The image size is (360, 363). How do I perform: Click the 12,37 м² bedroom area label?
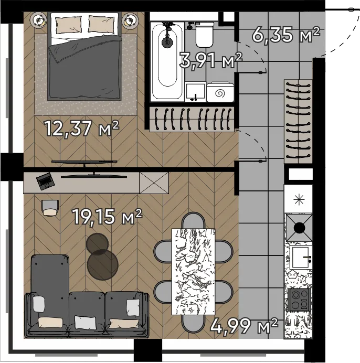[82, 129]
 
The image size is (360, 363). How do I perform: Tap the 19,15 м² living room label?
[107, 217]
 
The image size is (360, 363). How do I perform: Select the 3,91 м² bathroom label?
[211, 60]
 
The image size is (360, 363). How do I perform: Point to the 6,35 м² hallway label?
[286, 35]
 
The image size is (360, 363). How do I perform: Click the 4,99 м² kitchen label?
[244, 326]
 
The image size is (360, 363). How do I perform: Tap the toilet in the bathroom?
[204, 34]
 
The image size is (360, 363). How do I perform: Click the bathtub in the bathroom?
[167, 62]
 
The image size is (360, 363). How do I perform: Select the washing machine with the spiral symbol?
[220, 92]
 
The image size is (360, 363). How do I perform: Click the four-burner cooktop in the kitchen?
[299, 300]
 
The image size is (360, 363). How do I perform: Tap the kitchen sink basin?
[300, 257]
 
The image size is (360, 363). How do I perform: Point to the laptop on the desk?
[46, 181]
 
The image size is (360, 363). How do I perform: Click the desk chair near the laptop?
[50, 208]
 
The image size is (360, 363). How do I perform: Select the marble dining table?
[193, 272]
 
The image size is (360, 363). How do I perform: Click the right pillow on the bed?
[101, 24]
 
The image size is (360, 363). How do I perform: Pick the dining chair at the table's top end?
[193, 221]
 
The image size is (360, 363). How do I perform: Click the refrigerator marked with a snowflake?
[298, 199]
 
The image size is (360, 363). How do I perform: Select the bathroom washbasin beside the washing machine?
[195, 92]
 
